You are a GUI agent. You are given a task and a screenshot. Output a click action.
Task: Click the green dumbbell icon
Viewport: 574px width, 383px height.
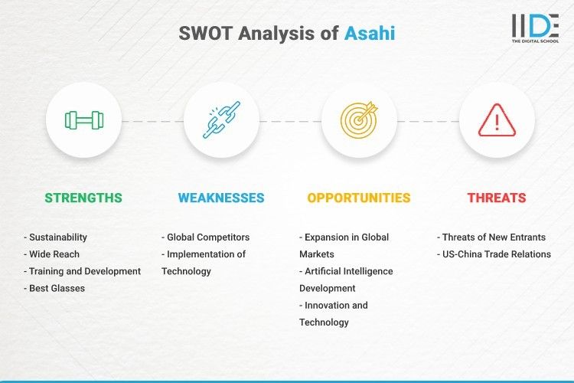click(83, 120)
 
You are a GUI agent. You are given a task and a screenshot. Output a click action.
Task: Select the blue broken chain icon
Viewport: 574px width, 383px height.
click(221, 120)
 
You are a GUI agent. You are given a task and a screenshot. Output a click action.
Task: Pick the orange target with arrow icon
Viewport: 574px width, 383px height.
click(359, 120)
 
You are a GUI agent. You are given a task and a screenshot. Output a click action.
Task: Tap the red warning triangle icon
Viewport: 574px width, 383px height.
click(497, 120)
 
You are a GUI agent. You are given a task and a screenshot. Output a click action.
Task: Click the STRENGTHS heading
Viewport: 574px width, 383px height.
click(83, 198)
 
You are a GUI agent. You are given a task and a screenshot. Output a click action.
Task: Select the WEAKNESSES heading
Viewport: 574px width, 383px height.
click(221, 198)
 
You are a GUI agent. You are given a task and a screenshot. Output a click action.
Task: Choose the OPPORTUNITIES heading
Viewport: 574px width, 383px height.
click(359, 198)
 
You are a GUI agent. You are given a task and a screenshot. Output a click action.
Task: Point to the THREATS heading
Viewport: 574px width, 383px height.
click(497, 198)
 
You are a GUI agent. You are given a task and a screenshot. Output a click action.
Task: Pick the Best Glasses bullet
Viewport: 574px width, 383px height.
click(56, 288)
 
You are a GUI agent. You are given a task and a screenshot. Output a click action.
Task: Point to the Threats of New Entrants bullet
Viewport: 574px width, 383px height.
click(490, 237)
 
